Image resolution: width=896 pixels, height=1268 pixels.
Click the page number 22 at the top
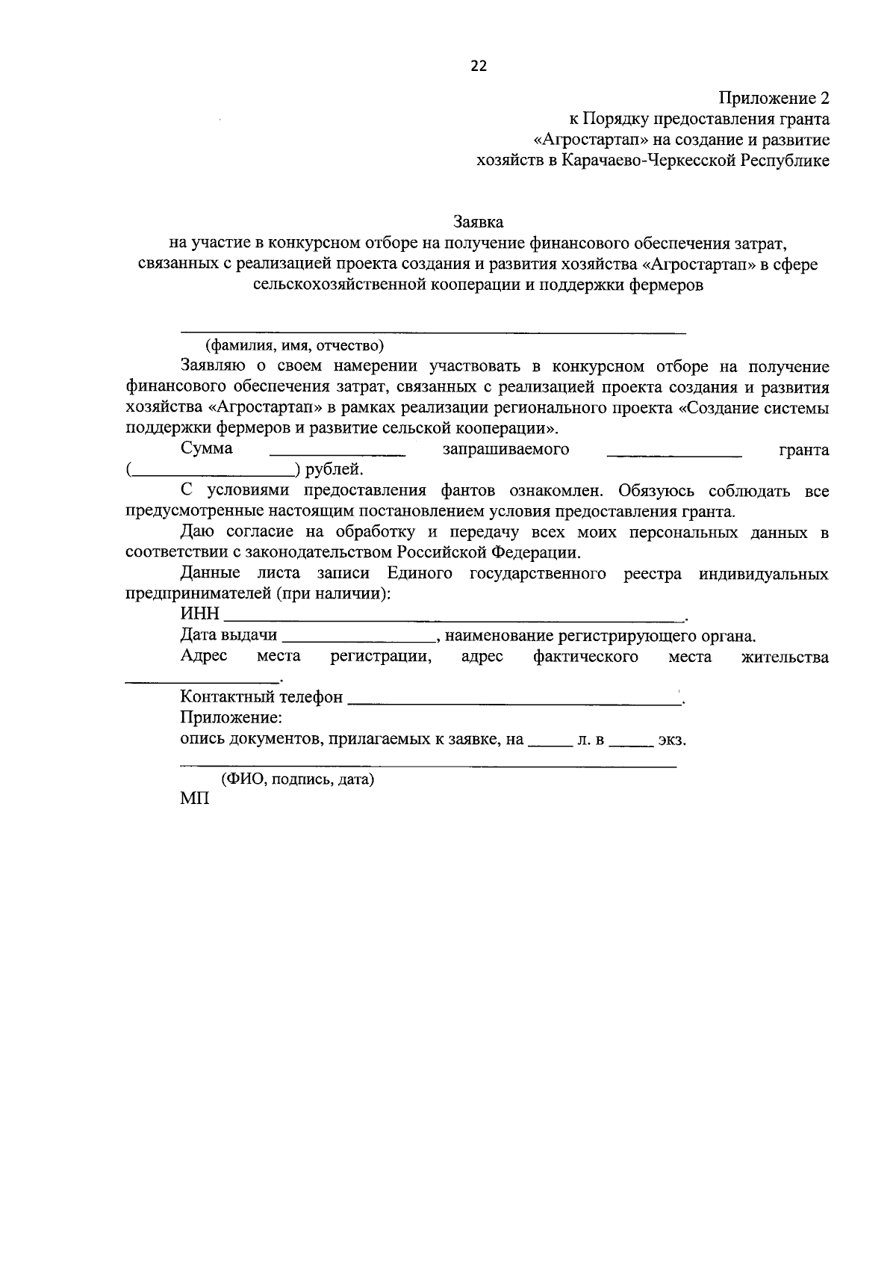[478, 66]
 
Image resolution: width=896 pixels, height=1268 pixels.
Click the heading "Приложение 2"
[774, 98]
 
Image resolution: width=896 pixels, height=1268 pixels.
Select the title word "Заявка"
[479, 222]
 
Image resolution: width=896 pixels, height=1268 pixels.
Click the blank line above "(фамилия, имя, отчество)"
[433, 330]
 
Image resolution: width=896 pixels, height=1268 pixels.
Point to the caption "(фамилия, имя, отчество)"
[294, 345]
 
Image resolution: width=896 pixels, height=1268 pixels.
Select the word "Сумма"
[206, 449]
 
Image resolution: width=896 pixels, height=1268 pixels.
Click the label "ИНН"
[199, 614]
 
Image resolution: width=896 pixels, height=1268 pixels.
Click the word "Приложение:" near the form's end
[231, 718]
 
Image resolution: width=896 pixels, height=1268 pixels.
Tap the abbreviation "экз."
[671, 740]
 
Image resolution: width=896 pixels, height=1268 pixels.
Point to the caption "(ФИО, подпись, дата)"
[296, 779]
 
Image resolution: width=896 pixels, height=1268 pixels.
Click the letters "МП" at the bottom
[195, 799]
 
